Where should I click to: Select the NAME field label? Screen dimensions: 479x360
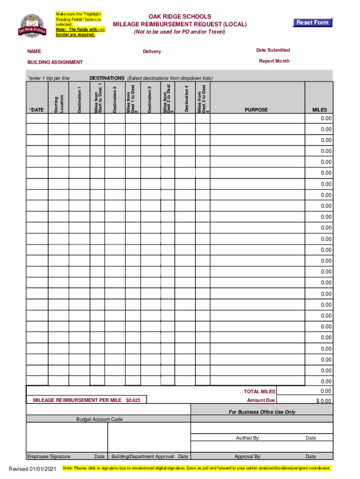[34, 51]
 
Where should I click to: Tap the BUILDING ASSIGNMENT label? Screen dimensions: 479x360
[55, 62]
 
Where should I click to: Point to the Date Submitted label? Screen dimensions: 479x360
[273, 50]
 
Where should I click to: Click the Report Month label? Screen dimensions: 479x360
[274, 61]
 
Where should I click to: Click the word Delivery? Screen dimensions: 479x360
[152, 51]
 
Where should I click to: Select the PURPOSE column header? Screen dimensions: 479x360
[256, 110]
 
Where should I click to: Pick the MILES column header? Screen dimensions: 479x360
[320, 110]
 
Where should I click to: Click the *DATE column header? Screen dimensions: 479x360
[36, 110]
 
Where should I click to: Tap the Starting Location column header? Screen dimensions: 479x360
[58, 104]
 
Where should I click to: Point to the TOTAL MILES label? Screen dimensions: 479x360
[259, 392]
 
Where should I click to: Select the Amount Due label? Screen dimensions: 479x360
[261, 400]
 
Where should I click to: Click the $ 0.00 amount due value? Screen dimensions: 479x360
[323, 401]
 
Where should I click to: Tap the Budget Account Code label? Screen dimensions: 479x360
[100, 420]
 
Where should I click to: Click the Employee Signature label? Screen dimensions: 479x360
[49, 457]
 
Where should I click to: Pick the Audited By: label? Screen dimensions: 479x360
[248, 438]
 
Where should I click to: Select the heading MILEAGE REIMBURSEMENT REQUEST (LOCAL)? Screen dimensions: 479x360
[180, 24]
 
